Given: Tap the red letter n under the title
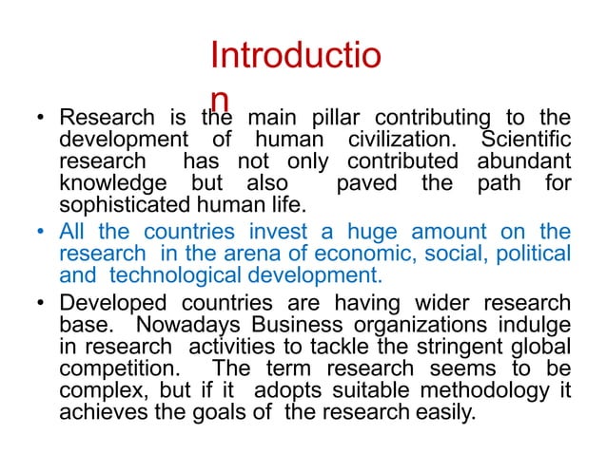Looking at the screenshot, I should (220, 101).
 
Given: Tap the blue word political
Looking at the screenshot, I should (532, 254).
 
